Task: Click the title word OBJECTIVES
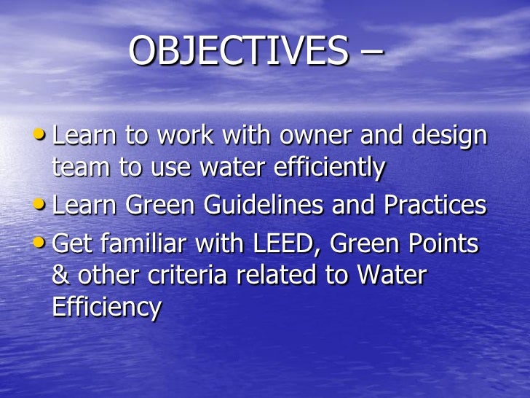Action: (x=237, y=52)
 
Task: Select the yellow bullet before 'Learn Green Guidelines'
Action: (x=41, y=204)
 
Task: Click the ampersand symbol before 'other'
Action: (x=62, y=276)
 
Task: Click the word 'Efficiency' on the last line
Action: (x=106, y=307)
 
